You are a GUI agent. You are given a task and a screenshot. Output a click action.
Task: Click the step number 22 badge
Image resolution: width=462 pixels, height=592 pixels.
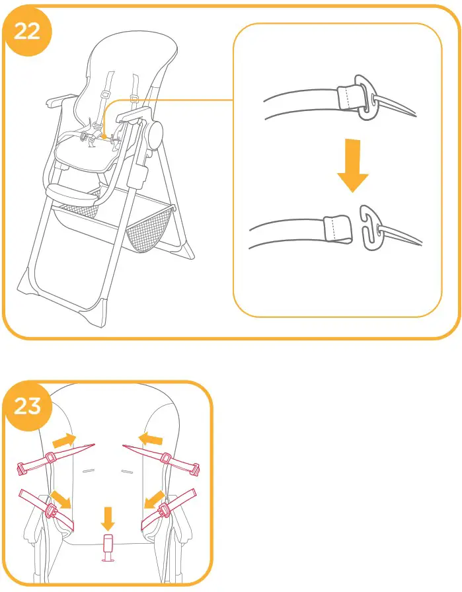tap(26, 31)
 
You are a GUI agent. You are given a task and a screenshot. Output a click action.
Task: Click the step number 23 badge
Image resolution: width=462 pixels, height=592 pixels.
tap(27, 405)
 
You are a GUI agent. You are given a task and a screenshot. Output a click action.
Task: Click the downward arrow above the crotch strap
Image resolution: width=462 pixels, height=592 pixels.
tap(107, 515)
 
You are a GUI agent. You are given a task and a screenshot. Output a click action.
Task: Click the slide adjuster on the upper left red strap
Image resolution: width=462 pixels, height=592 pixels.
tap(50, 459)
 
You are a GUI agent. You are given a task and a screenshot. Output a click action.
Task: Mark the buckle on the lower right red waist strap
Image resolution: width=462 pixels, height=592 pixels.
tap(164, 509)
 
